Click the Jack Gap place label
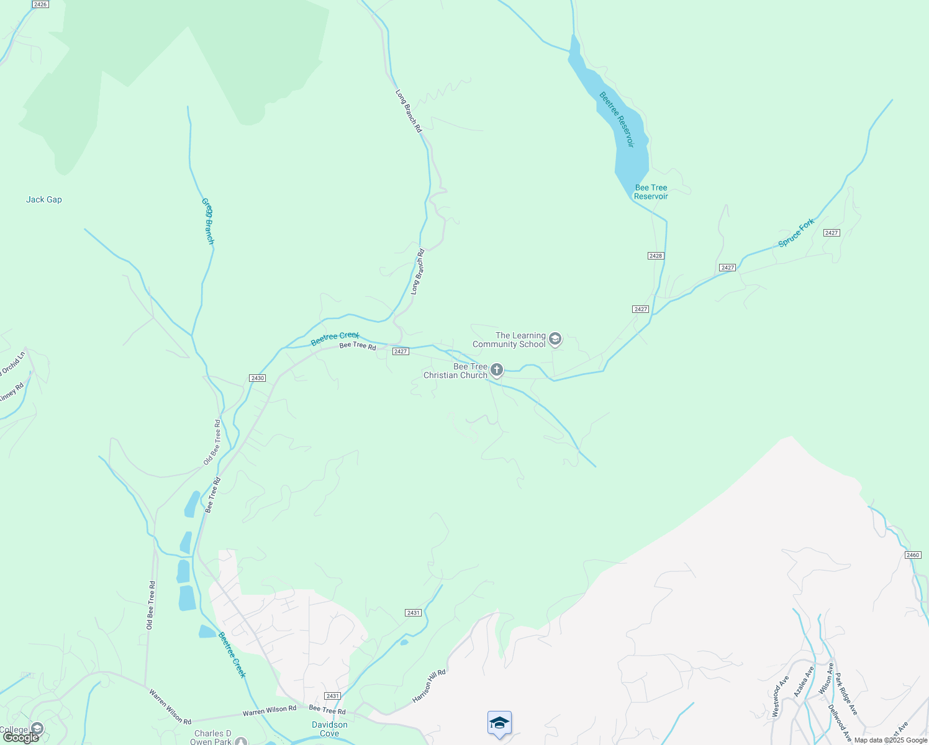(44, 199)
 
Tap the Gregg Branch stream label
(207, 221)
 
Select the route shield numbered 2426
(40, 4)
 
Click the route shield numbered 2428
(656, 256)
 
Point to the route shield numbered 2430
(257, 378)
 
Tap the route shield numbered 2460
(912, 555)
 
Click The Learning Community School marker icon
(555, 339)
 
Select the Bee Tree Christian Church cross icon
(496, 371)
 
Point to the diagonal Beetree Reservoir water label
(617, 119)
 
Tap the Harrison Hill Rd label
(429, 686)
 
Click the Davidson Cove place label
(330, 729)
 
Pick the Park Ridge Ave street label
(845, 693)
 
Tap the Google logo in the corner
(20, 738)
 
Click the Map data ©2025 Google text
(890, 740)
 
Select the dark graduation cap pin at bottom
(499, 723)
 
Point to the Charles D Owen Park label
(212, 738)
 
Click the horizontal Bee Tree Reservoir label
(651, 192)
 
